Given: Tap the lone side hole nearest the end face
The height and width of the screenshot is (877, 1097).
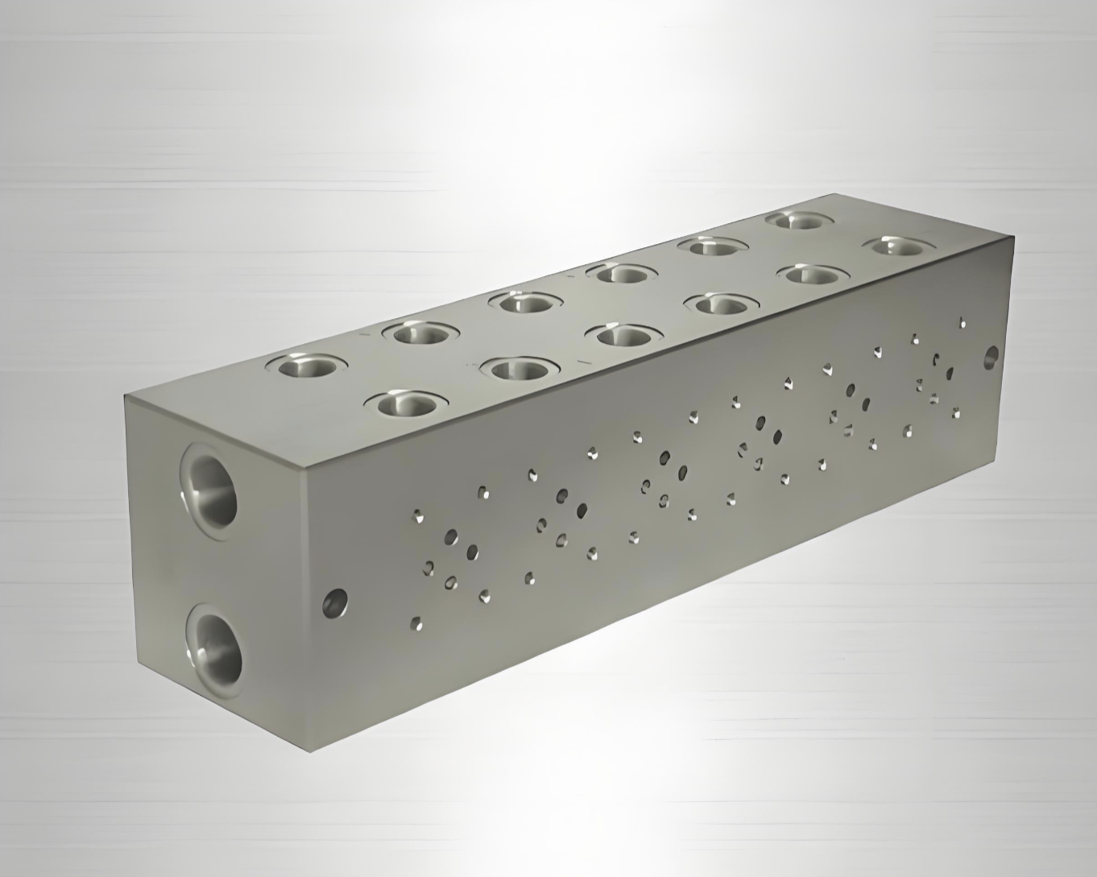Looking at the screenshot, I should (334, 602).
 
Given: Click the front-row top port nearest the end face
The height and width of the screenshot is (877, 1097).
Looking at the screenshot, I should (409, 403).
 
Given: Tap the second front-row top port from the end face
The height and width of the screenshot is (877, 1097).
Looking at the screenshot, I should (515, 369).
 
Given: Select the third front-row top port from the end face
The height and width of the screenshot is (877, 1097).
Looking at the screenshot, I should (621, 335).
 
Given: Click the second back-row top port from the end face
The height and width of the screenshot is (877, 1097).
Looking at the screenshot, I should (418, 332).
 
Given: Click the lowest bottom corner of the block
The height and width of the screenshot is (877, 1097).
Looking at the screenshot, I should (310, 751).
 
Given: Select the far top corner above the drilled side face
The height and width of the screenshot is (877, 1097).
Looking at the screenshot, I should (1013, 237).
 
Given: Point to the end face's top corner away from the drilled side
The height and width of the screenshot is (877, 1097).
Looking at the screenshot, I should (125, 396).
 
